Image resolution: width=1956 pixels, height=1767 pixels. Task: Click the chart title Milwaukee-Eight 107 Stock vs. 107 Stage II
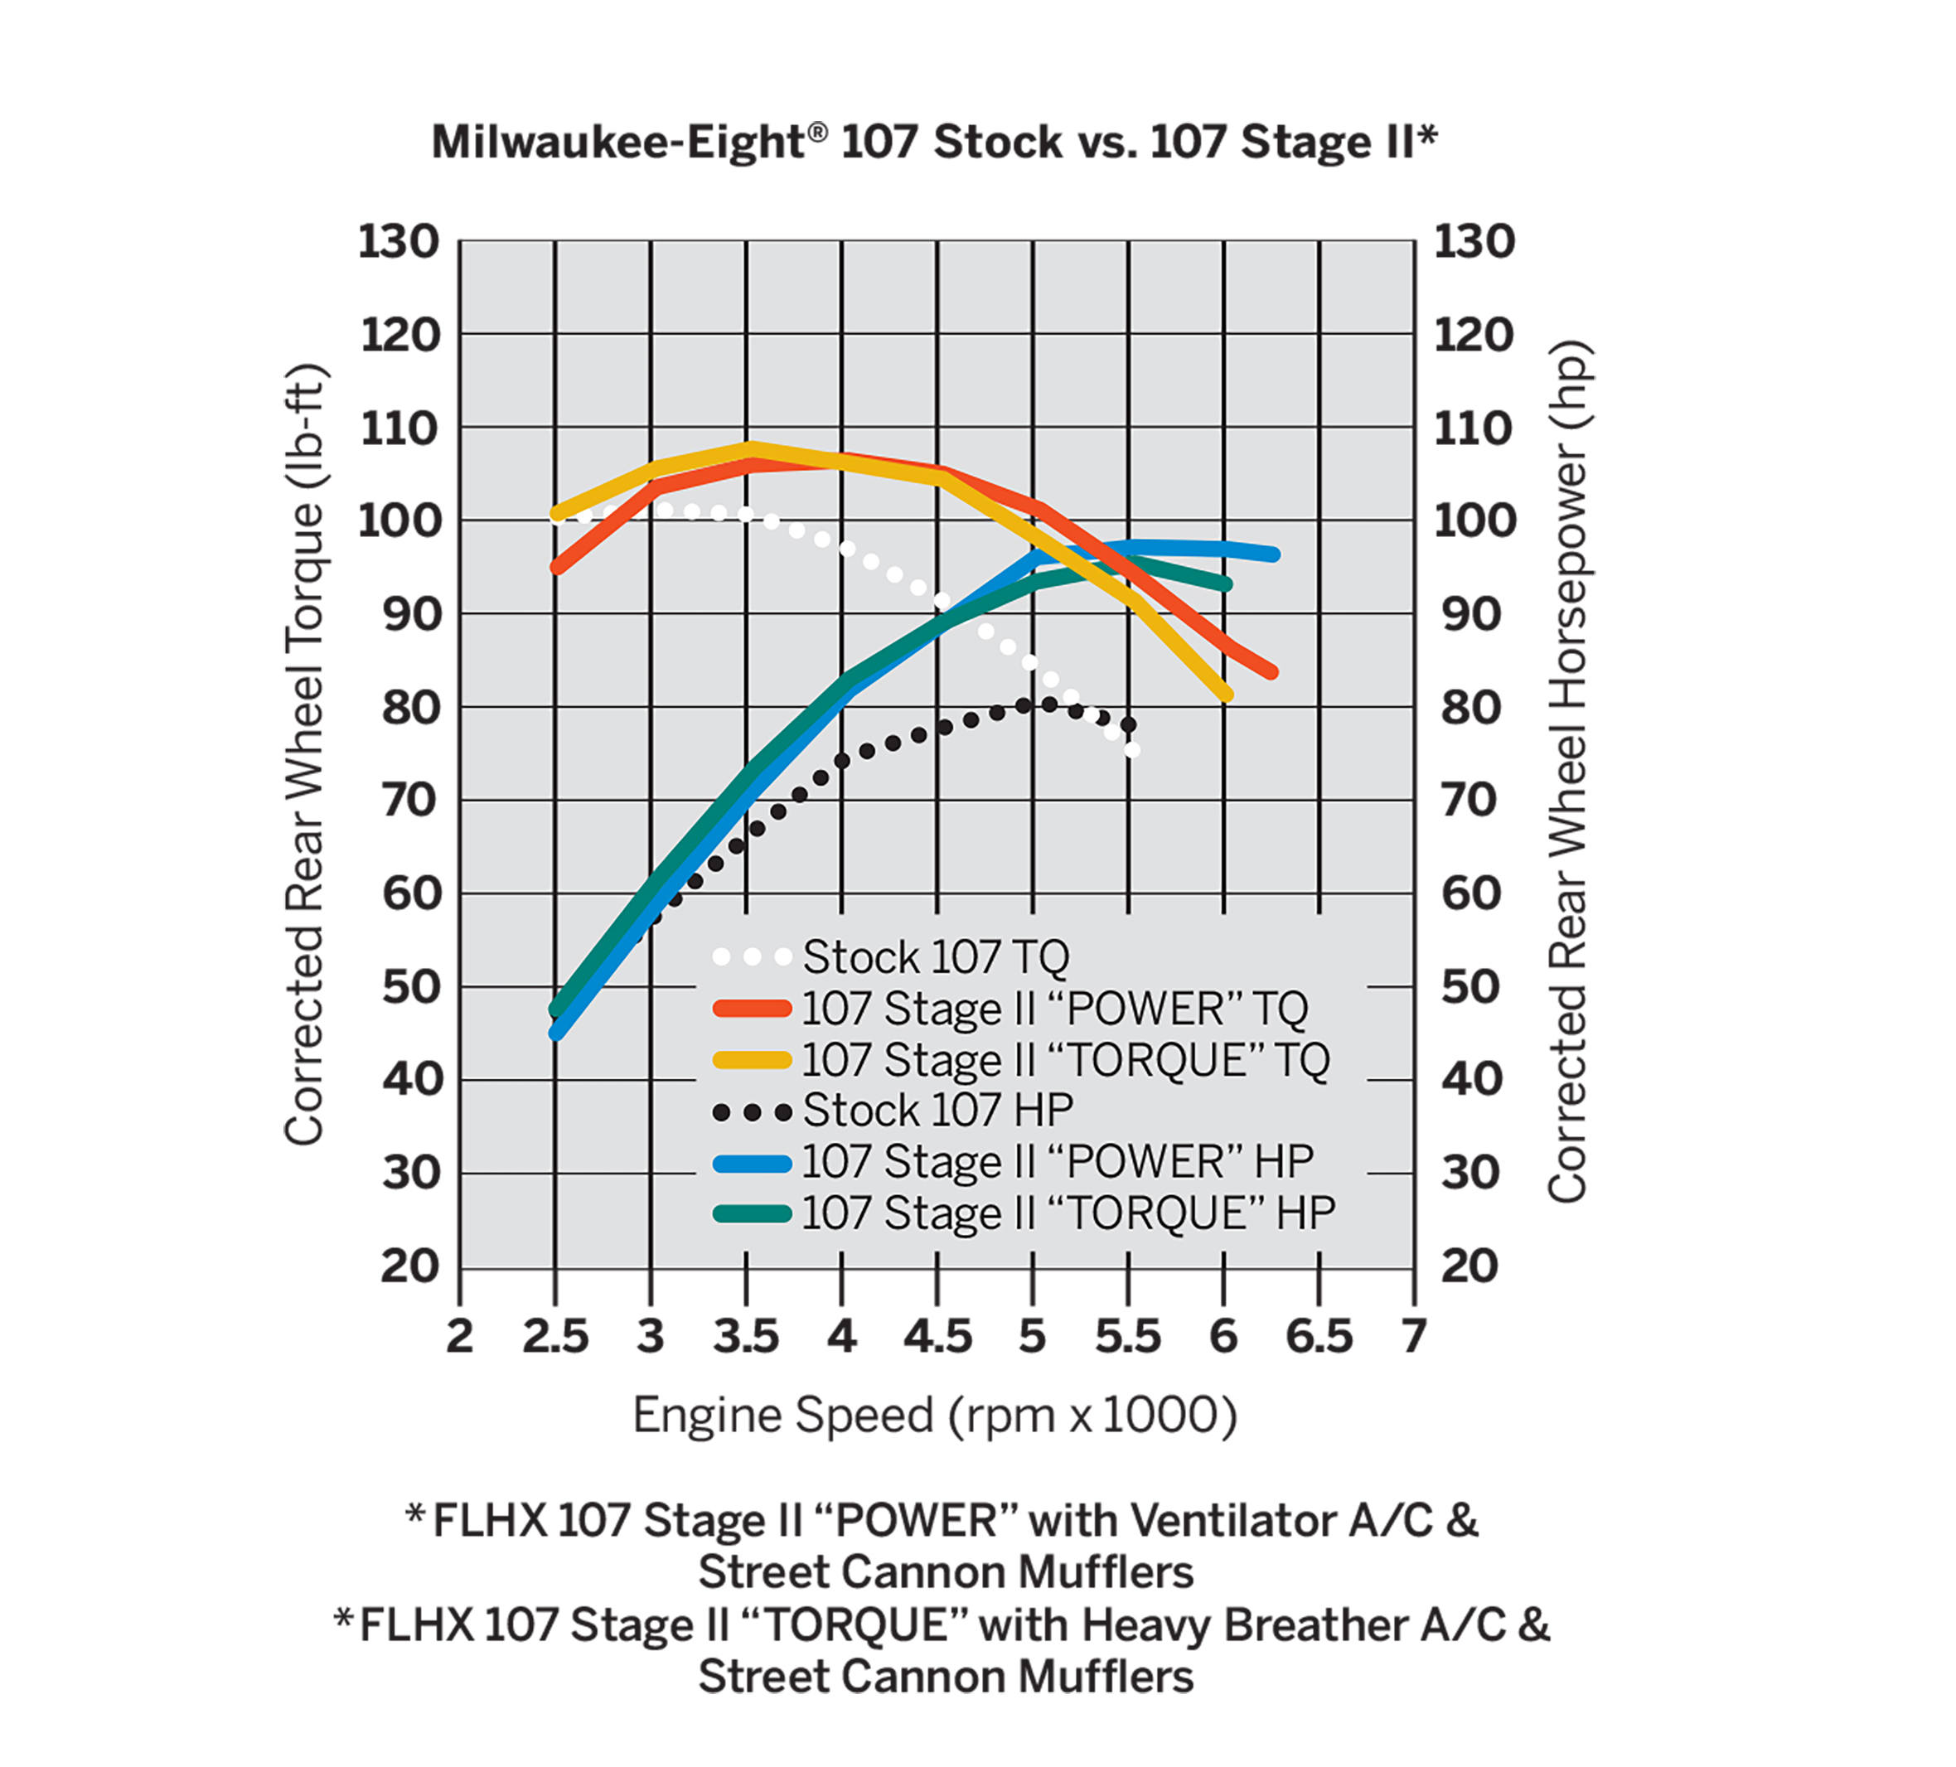[933, 143]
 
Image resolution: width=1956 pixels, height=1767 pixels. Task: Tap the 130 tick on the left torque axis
[399, 242]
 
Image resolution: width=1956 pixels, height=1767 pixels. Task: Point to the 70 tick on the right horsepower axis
[1471, 801]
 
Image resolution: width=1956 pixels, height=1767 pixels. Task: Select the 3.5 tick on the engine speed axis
[746, 1337]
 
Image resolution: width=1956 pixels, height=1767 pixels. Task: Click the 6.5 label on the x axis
[1319, 1337]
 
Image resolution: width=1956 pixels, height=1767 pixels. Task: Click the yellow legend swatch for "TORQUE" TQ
[752, 1059]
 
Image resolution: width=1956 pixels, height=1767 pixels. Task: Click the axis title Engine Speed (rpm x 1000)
[934, 1416]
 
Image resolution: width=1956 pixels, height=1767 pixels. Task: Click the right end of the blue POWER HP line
[1274, 554]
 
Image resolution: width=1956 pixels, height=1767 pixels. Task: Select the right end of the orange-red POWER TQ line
[1271, 671]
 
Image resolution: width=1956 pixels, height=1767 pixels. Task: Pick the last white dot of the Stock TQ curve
[1131, 749]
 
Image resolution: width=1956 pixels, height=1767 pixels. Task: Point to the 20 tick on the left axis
[410, 1267]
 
